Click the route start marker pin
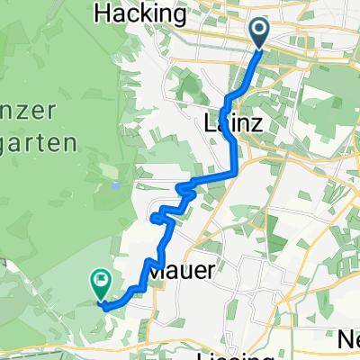(x=259, y=33)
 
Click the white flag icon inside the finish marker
(x=100, y=282)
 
